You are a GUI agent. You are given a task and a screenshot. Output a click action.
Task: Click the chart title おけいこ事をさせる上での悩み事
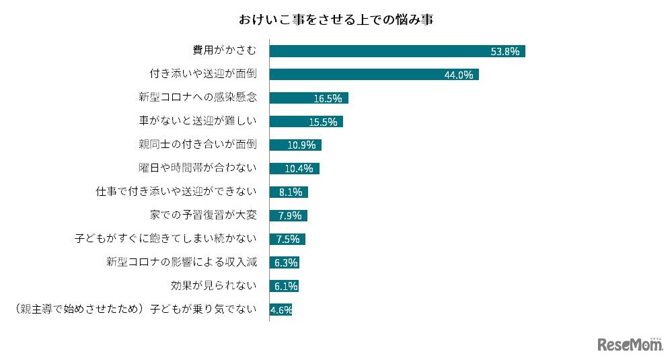(336, 19)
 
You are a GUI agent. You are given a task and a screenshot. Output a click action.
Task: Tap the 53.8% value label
(505, 52)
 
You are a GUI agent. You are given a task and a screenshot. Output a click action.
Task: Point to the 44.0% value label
(459, 75)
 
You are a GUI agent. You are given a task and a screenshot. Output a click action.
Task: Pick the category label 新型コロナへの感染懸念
(198, 98)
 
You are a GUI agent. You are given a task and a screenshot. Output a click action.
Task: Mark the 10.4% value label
(299, 169)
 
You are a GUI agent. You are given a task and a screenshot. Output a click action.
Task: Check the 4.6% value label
(281, 310)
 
